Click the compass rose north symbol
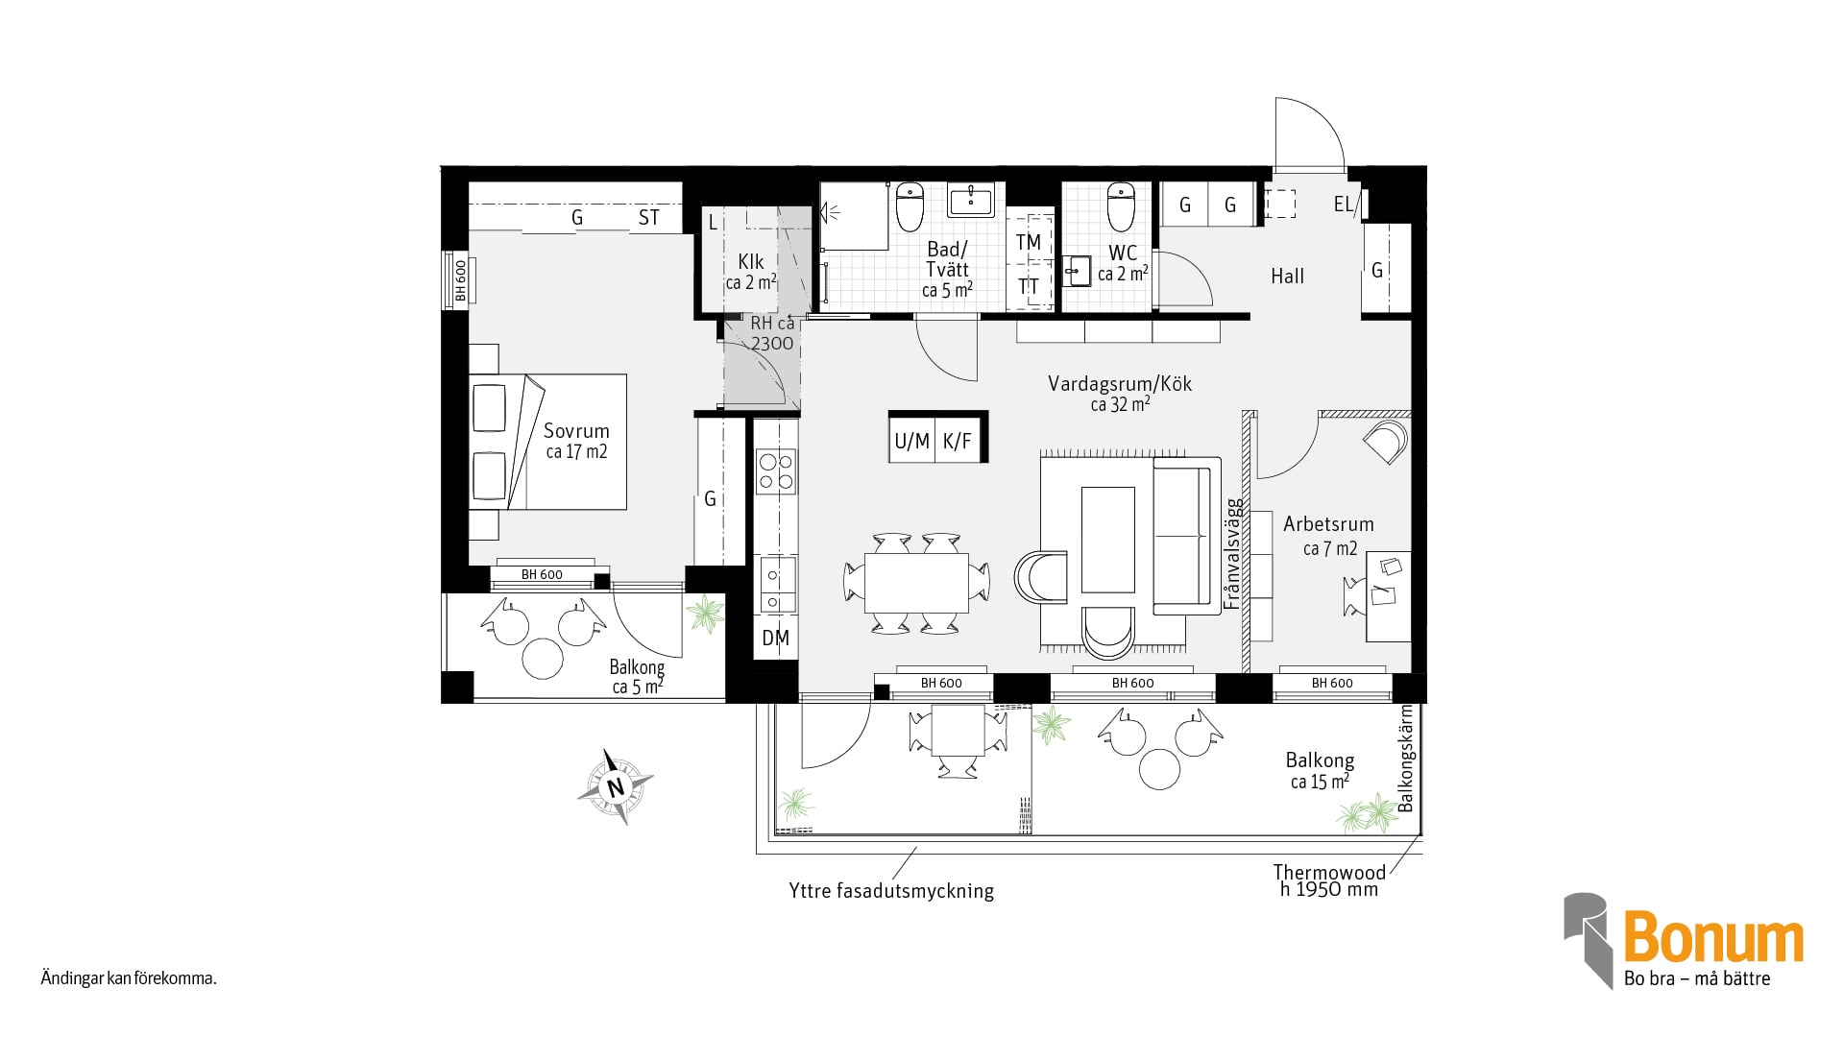click(616, 787)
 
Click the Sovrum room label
click(576, 431)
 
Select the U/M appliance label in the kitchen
click(912, 441)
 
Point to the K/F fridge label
click(958, 441)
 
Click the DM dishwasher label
click(775, 638)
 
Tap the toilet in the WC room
click(1121, 205)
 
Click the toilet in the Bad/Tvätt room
click(910, 205)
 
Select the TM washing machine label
click(1029, 242)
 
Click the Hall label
click(1287, 277)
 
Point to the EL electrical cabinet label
click(1343, 204)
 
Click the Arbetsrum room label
click(1328, 524)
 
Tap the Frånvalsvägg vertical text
click(1233, 553)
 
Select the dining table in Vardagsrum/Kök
click(916, 583)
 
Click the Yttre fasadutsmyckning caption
click(891, 891)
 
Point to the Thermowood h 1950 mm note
click(1329, 880)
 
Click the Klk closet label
click(751, 261)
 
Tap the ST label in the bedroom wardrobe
click(649, 218)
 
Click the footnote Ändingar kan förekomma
click(129, 979)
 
